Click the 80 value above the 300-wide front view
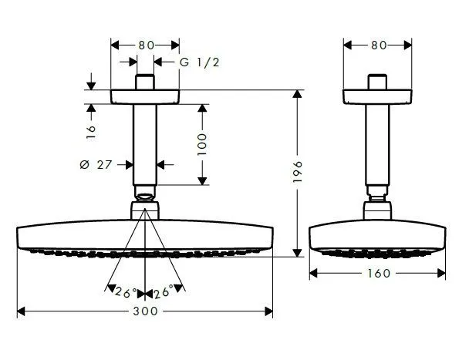145,45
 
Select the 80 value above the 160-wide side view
377,45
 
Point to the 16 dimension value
92,131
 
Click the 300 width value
145,311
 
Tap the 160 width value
377,272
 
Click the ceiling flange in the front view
145,98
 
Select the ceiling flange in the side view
377,98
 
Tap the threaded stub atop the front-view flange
145,82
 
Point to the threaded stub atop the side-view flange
377,82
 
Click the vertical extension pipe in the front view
145,143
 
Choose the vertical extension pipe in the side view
377,143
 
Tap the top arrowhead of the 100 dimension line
203,109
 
